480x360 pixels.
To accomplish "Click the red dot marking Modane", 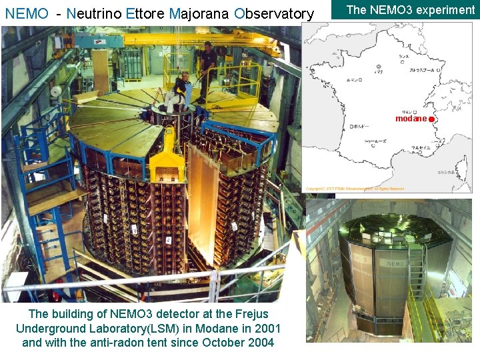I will click(x=431, y=119).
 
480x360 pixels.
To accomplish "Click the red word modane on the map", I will click(x=411, y=119).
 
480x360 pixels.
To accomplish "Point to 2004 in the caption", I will click(x=259, y=343).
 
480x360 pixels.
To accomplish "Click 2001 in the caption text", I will click(x=267, y=328).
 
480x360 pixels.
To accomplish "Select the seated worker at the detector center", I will click(x=179, y=91).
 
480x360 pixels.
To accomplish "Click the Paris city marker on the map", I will click(x=378, y=67).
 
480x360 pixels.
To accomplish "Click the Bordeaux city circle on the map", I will click(x=351, y=126).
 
